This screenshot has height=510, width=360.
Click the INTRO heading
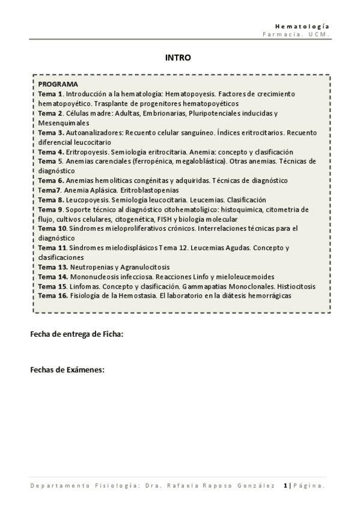pos(178,58)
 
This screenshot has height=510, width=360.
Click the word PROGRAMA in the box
pos(58,85)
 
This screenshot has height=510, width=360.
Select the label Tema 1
pos(50,94)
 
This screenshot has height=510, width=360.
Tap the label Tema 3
pos(51,133)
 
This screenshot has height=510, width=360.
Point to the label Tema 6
pos(51,180)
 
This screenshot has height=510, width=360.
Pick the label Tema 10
pos(53,229)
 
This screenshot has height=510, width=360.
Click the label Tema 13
pos(53,267)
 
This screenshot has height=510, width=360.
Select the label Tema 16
pos(53,296)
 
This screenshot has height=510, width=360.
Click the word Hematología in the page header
pos(302,26)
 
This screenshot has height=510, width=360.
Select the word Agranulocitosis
pos(142,267)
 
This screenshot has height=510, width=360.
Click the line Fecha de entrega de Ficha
pos(76,335)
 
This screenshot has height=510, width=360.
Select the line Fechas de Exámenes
pos(67,370)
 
